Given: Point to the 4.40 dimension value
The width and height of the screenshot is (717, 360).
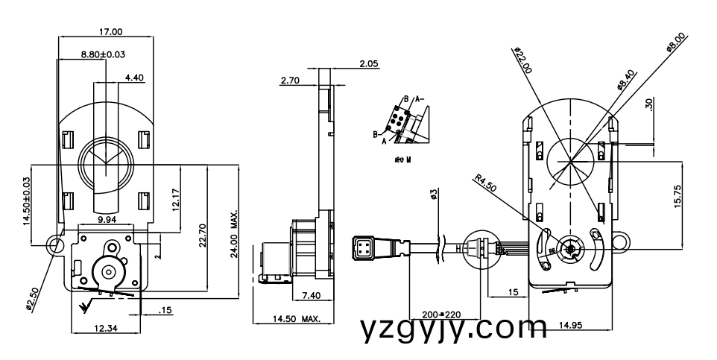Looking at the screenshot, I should coord(136,78).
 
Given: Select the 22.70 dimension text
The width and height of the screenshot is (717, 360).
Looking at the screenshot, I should coord(202,233).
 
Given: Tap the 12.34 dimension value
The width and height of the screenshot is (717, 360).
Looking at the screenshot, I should coord(104,329).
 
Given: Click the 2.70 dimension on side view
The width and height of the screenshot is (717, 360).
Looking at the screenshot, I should coord(291,80).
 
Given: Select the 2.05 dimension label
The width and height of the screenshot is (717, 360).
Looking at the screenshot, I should coord(368,65).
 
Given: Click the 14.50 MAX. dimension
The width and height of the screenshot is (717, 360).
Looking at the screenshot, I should coord(296,319).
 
